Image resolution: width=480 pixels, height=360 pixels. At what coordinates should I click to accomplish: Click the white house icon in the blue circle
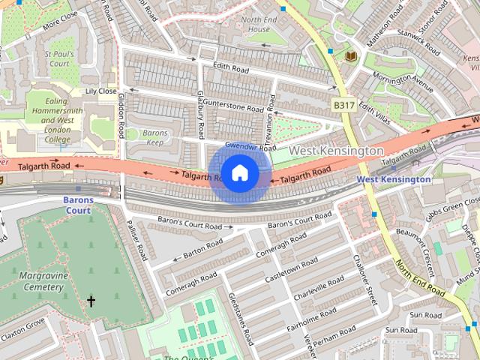coord(239,173)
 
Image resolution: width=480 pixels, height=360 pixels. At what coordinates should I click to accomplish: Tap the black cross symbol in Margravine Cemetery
coord(91,301)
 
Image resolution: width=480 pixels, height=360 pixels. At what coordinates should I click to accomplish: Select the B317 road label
coord(343,106)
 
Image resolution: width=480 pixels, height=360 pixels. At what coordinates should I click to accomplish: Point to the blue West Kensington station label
coord(393,179)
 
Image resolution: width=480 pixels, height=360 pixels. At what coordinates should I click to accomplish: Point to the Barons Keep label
coord(155,138)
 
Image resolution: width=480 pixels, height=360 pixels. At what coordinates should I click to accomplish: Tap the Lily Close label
coord(101,91)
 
